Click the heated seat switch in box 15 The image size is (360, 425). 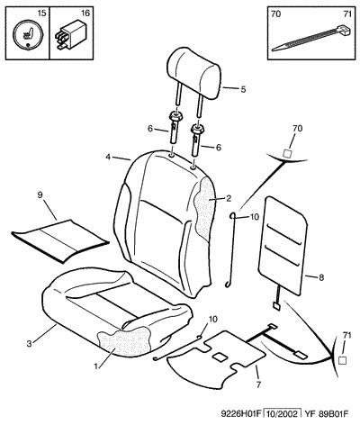28,35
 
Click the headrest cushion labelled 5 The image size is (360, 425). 194,74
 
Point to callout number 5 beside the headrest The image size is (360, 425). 243,89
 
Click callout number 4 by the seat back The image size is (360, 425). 108,157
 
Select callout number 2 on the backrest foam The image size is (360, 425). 229,198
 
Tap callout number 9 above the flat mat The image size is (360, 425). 40,194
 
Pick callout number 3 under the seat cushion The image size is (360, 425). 29,344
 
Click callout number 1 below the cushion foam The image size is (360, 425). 95,366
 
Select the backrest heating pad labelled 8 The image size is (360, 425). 283,246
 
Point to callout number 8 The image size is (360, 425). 321,277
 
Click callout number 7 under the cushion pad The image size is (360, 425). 258,384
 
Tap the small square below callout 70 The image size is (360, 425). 287,153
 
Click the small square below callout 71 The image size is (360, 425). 342,360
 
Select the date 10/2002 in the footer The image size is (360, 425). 282,414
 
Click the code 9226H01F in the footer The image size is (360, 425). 239,414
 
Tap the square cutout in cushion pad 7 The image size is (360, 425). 220,357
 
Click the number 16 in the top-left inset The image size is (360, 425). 85,14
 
